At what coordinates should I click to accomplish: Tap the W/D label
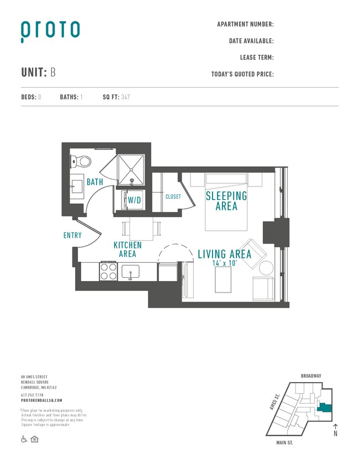[x=135, y=200]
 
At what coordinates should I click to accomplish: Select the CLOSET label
[x=173, y=197]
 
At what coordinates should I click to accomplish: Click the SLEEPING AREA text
[x=226, y=201]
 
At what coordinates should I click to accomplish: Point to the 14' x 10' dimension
[x=224, y=264]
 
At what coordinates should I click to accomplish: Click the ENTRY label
[x=72, y=235]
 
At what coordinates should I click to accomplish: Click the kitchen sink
[x=131, y=272]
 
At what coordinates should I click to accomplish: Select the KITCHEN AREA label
[x=128, y=250]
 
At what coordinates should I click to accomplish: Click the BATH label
[x=94, y=182]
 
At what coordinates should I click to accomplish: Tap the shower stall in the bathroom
[x=132, y=170]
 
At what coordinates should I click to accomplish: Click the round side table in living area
[x=266, y=268]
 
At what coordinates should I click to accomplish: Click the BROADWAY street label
[x=311, y=376]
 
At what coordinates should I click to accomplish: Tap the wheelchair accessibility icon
[x=24, y=439]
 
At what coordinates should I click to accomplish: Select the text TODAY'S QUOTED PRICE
[x=242, y=74]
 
